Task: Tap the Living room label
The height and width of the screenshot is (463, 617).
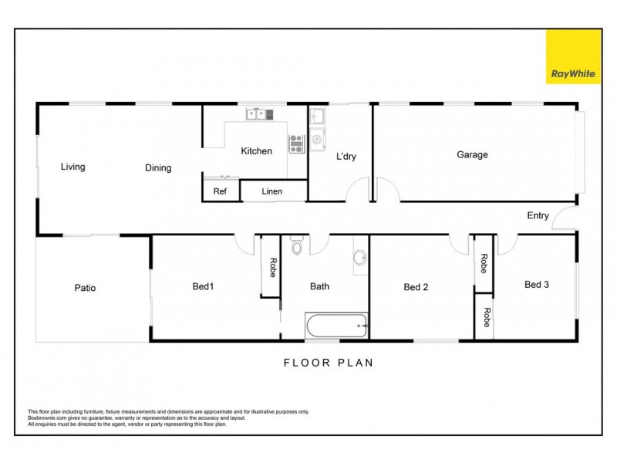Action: click(x=73, y=167)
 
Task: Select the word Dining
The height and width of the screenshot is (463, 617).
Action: click(x=158, y=167)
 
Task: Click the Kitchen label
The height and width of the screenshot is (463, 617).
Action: click(x=256, y=151)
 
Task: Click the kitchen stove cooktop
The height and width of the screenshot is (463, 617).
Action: click(x=297, y=144)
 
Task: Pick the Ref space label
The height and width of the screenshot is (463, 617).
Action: click(x=220, y=191)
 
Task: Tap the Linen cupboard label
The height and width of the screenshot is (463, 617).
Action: click(x=272, y=191)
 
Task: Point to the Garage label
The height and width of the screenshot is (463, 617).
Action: click(x=472, y=154)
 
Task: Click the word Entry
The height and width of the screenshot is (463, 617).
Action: click(x=538, y=215)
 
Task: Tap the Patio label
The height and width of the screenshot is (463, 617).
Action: click(x=85, y=288)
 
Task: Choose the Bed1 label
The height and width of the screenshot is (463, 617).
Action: click(x=203, y=286)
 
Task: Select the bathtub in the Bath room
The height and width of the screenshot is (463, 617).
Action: click(x=337, y=326)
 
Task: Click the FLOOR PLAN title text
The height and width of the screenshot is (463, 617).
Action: click(x=329, y=362)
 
